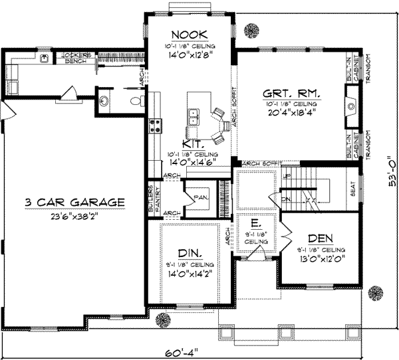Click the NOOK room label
click(x=189, y=35)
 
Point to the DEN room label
click(x=320, y=238)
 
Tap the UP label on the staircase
click(x=287, y=177)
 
